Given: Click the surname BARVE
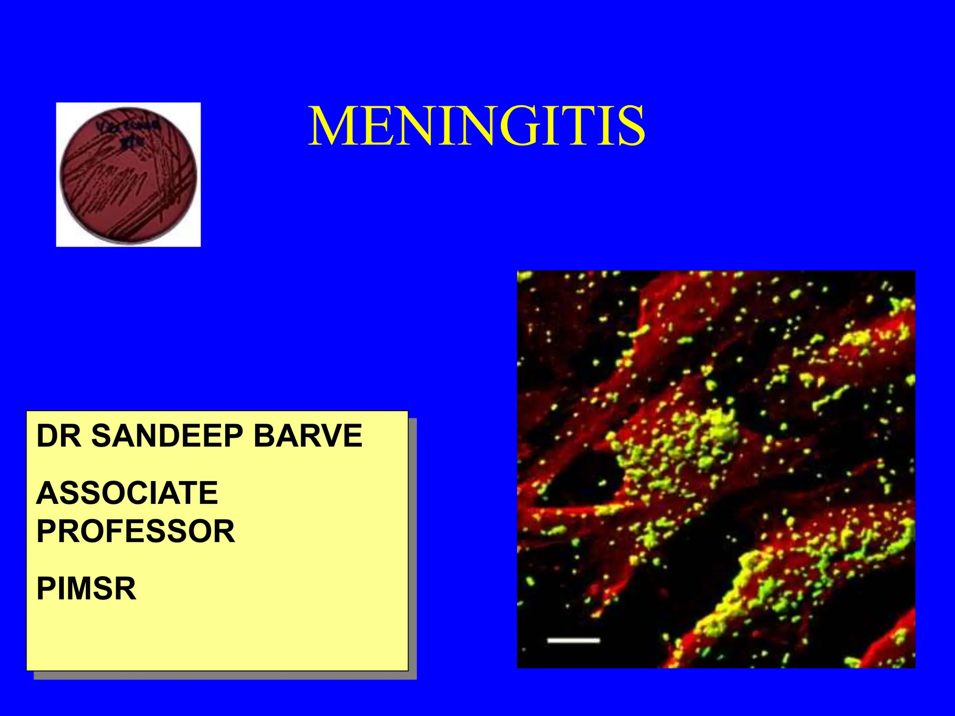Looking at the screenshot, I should pos(308,436).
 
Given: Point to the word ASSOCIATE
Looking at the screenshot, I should pos(127,493).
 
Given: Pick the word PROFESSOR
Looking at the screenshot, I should pos(135,531).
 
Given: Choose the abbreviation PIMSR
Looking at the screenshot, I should pos(86,589).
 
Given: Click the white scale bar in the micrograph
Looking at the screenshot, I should pos(573,640).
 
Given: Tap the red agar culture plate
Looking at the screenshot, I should pos(128,175).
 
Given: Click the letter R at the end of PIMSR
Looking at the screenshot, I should pos(126,589).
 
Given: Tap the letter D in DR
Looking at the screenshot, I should pos(47,436).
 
